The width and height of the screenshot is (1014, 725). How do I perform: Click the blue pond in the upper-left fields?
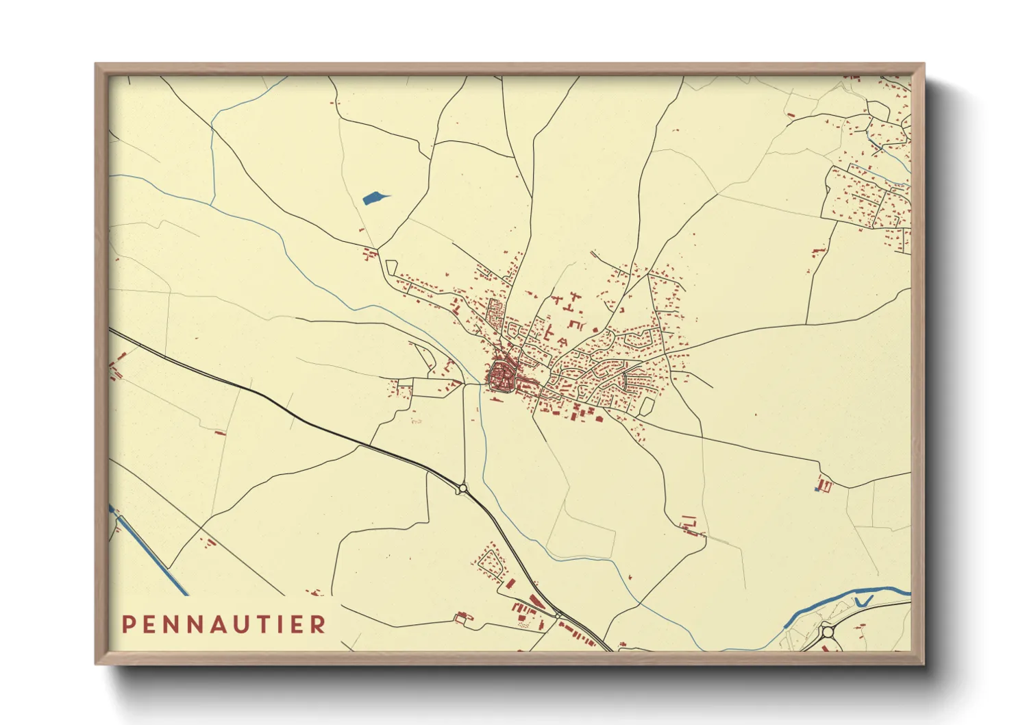pyautogui.click(x=373, y=199)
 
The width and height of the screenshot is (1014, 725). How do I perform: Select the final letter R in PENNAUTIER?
pyautogui.click(x=318, y=624)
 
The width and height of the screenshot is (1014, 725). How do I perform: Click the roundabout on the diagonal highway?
pyautogui.click(x=462, y=489)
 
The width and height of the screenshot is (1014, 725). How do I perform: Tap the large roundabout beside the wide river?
pyautogui.click(x=828, y=631)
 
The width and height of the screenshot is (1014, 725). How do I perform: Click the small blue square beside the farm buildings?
pyautogui.click(x=817, y=488)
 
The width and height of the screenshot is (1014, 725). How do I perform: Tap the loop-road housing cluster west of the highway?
pyautogui.click(x=491, y=562)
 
